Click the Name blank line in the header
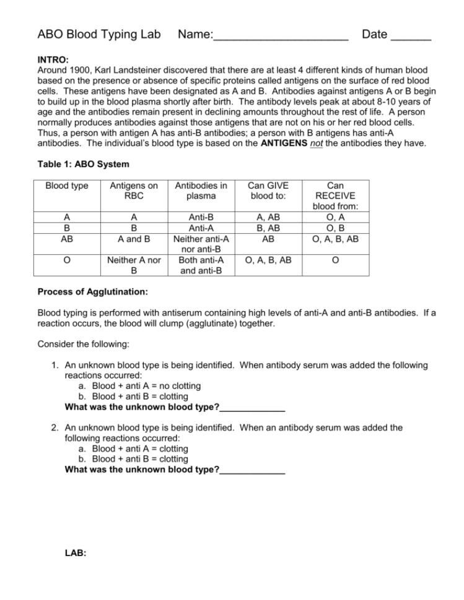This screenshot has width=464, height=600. point(281,35)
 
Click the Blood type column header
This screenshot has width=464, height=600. point(66,186)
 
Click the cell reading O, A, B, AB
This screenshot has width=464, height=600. point(268,260)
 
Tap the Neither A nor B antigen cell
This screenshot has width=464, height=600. point(134,265)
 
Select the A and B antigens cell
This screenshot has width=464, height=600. point(134,238)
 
